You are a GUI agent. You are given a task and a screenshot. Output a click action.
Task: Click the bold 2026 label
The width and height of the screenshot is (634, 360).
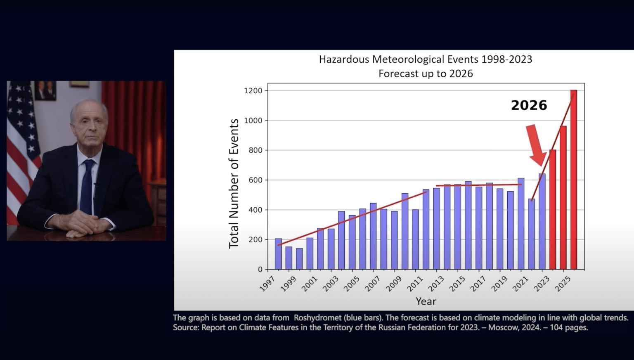pos(529,105)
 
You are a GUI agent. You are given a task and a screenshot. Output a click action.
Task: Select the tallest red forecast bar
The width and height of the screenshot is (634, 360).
pos(574,180)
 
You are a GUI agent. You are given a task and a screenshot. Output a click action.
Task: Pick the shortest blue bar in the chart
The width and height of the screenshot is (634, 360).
pos(299,258)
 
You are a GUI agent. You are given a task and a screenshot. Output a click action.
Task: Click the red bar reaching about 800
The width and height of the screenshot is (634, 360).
pos(553,209)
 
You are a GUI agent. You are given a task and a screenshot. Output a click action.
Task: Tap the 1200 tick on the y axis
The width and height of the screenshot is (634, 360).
pos(253,91)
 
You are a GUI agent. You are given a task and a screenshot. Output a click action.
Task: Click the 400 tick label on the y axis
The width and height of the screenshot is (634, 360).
pos(255,210)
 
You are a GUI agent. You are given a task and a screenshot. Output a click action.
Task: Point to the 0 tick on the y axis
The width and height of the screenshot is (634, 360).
pos(260,270)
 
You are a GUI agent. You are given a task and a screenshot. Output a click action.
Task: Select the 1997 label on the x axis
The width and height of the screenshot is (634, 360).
pos(268,284)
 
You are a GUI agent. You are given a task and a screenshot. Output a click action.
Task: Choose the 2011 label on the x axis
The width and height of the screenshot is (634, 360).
pos(415,284)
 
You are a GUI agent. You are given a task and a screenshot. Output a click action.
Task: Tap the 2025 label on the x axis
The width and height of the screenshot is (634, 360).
pos(563,284)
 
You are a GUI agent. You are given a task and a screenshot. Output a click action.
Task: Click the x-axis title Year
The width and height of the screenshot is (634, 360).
pos(426,301)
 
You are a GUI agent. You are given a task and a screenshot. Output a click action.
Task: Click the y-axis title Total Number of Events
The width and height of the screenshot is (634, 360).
pos(234,184)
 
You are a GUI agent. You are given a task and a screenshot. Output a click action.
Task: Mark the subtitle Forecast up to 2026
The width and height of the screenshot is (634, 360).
pos(426,74)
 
